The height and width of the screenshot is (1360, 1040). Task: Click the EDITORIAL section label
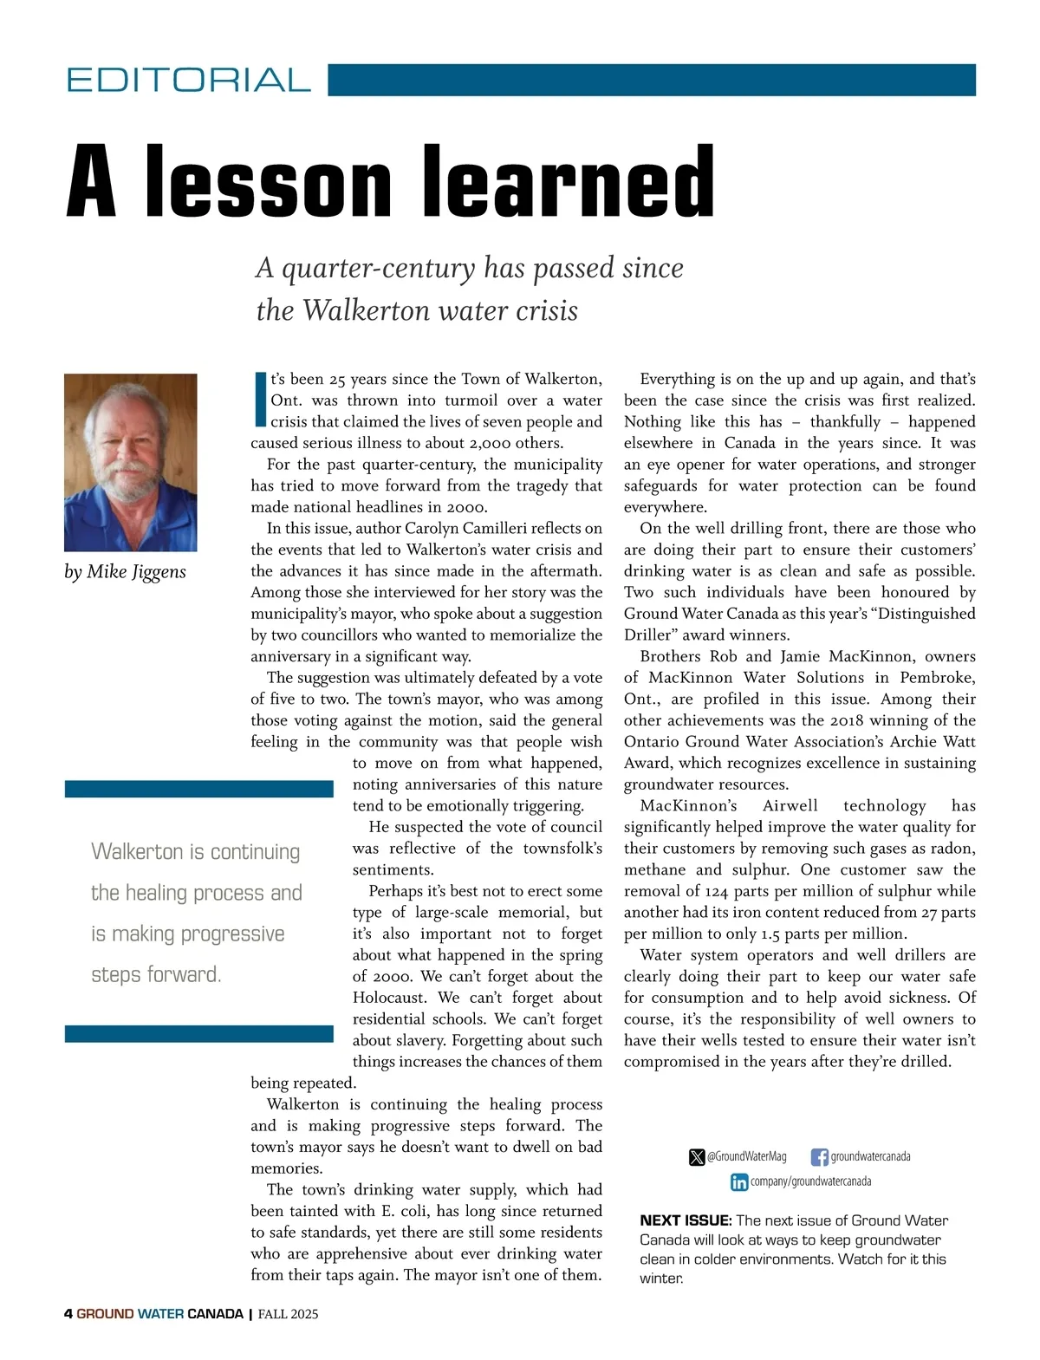point(188,80)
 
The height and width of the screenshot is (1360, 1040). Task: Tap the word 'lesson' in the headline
point(268,182)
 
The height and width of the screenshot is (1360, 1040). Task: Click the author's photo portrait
point(131,462)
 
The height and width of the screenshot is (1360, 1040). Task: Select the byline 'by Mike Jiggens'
point(125,572)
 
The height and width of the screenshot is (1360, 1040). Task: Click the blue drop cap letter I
point(259,400)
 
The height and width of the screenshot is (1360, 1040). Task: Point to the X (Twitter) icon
point(697,1157)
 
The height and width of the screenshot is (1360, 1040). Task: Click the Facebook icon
point(819,1157)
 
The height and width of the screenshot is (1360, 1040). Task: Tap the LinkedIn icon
point(739,1182)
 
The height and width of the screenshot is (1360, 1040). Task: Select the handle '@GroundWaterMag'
point(746,1156)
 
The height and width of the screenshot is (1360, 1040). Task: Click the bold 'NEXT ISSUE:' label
point(686,1220)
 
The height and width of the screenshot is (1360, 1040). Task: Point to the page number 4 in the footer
point(68,1314)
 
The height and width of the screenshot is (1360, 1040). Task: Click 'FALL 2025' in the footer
point(288,1314)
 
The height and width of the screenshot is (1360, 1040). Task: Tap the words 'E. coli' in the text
point(406,1211)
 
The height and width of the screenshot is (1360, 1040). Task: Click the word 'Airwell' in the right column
point(790,806)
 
